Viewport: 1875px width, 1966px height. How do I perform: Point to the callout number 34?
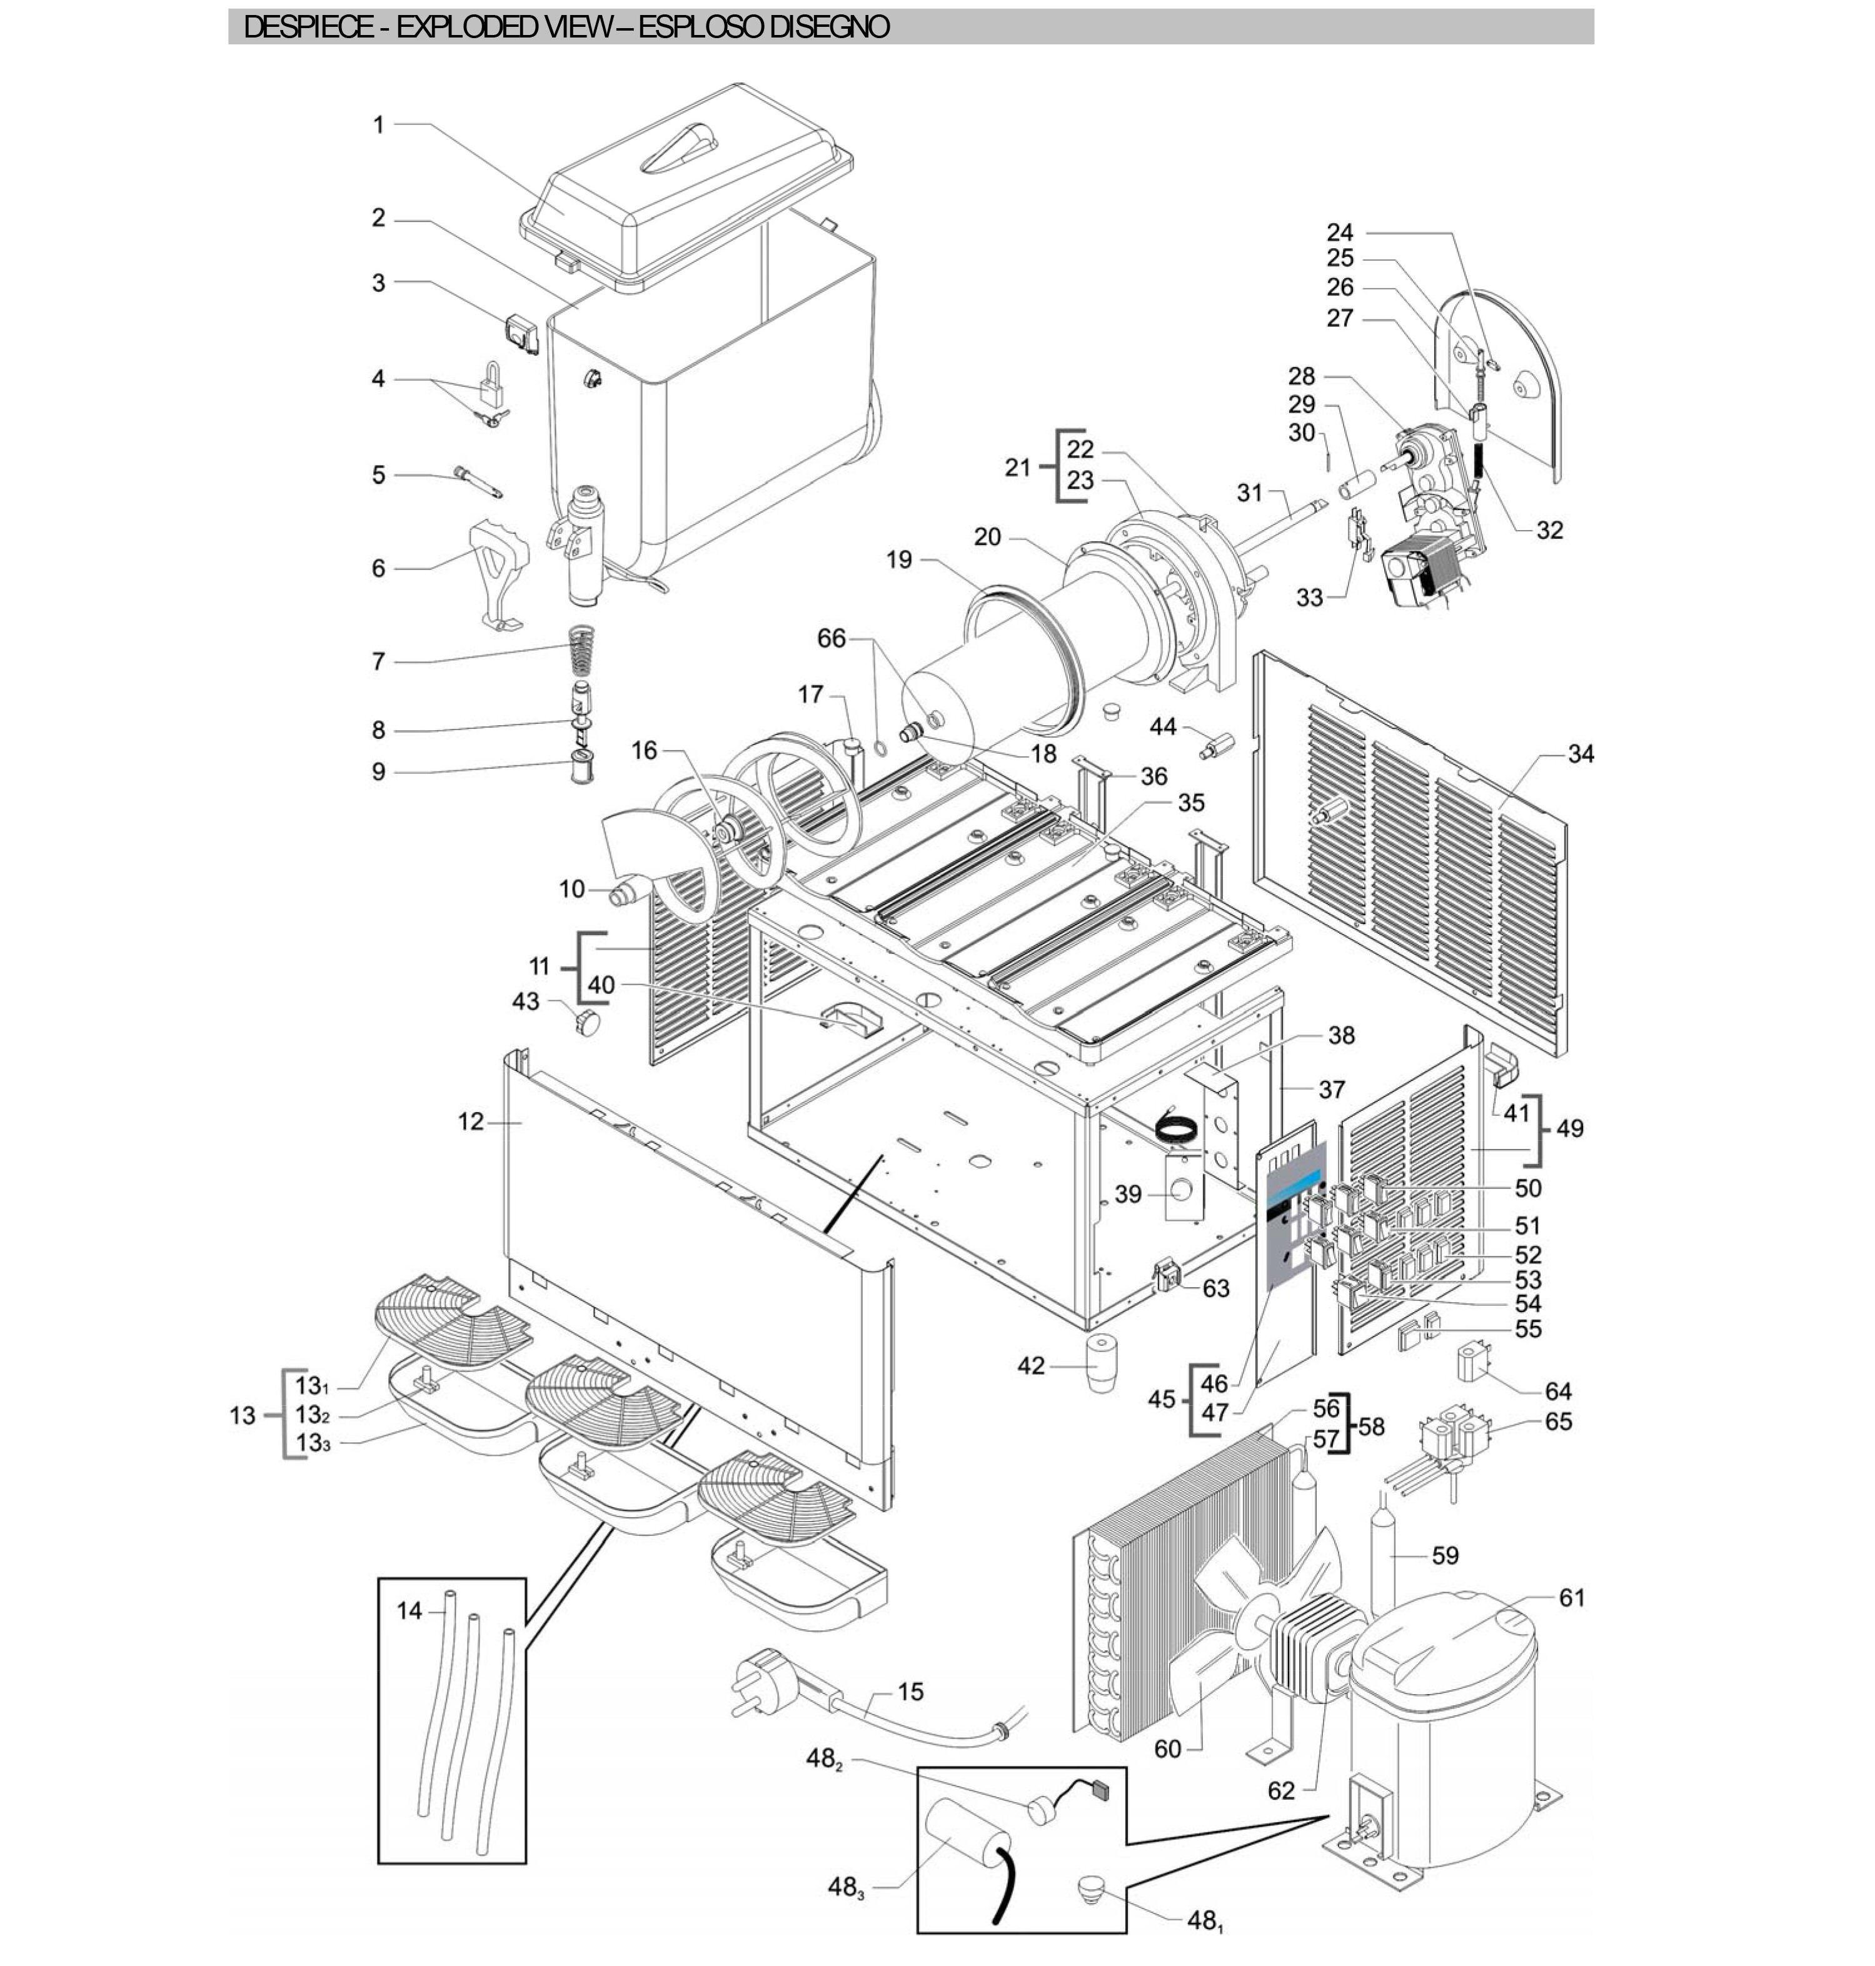(x=1580, y=754)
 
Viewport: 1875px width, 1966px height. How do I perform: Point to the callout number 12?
(x=471, y=1121)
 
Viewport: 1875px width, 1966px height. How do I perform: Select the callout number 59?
(x=1445, y=1555)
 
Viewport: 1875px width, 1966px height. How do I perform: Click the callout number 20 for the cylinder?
(x=987, y=537)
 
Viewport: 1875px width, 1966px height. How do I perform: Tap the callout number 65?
(x=1558, y=1422)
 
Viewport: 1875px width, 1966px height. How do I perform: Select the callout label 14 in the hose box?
(x=410, y=1610)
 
